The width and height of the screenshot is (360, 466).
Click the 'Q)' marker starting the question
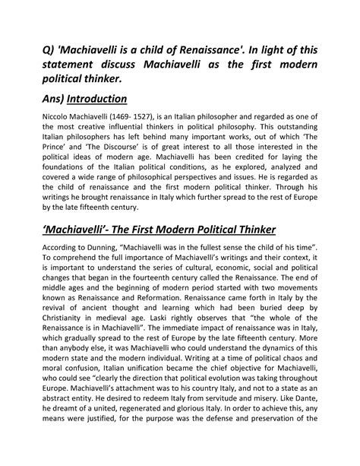[x=51, y=51]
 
